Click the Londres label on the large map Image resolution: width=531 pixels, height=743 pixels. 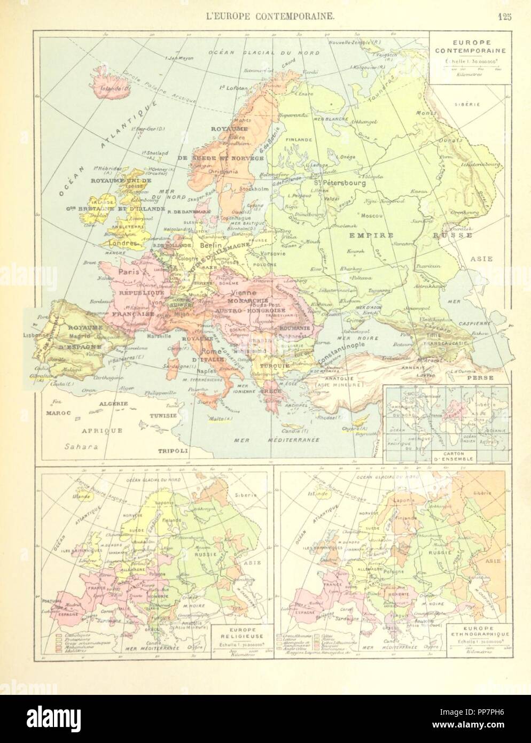pos(124,254)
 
